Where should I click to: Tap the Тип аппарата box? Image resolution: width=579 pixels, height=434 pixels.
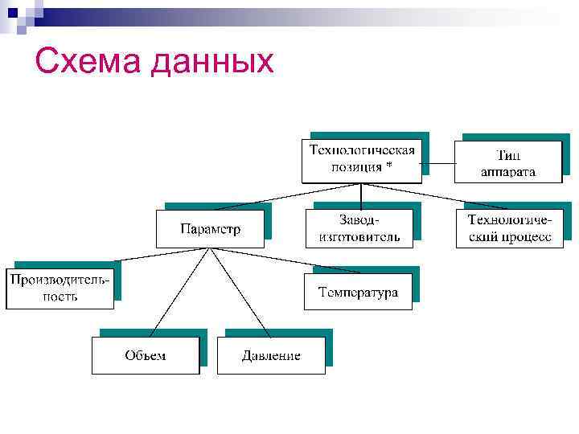[x=508, y=163]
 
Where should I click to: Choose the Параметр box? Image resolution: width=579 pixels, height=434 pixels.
[x=210, y=229]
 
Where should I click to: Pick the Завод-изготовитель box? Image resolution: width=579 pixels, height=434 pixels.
[x=359, y=227]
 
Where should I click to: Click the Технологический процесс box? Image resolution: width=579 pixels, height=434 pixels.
[x=510, y=228]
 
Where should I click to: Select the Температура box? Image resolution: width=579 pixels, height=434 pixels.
[x=358, y=292]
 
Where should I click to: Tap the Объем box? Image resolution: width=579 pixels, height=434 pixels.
[x=145, y=355]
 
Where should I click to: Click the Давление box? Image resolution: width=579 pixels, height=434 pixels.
[x=271, y=355]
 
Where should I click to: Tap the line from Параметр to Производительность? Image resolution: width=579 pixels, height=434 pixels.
[x=161, y=257]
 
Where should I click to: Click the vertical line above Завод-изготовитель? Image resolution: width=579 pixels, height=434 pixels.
[x=361, y=197]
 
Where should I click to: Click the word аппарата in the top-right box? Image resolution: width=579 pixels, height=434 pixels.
[x=508, y=171]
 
